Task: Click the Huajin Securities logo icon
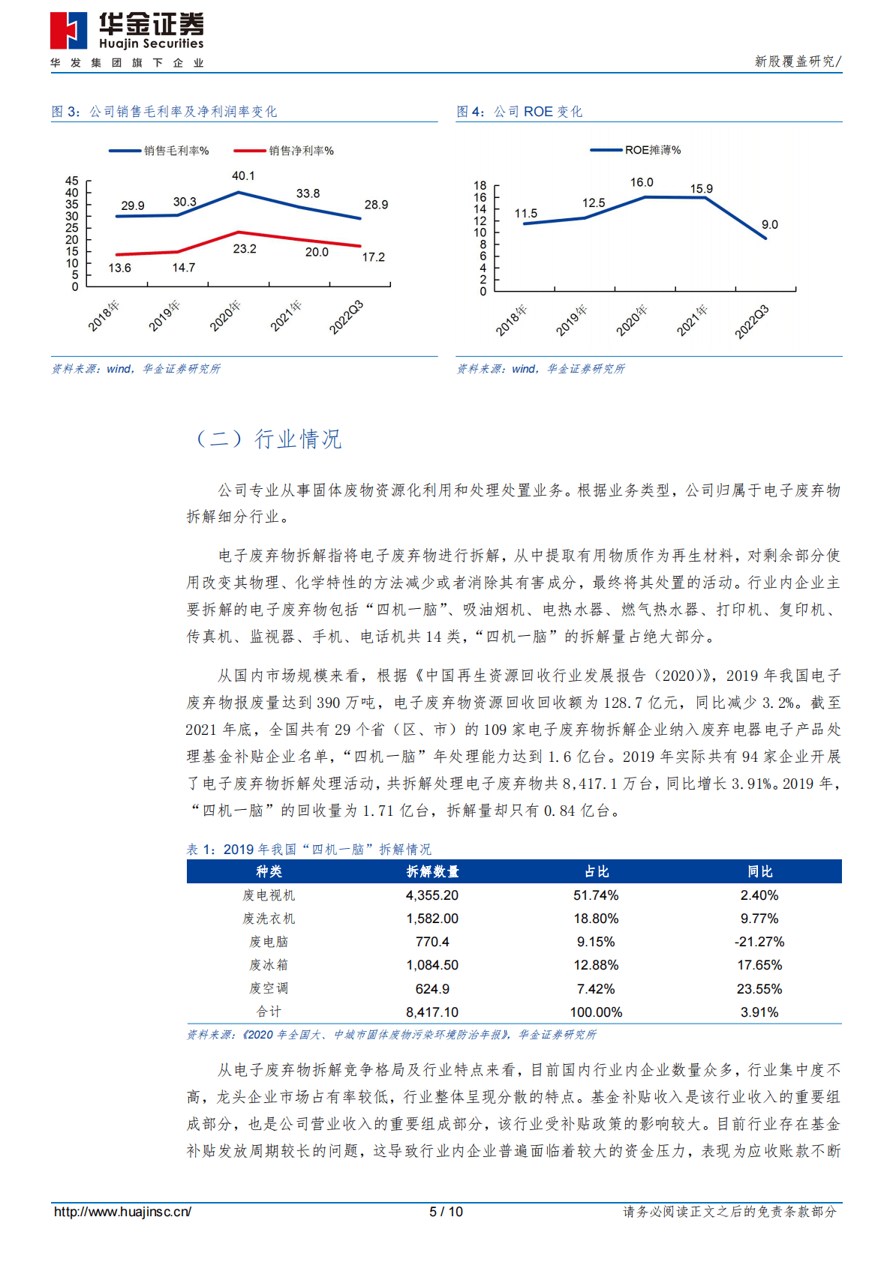[68, 31]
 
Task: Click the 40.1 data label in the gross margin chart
[243, 176]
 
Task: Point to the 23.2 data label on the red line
[245, 249]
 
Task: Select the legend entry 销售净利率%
[301, 151]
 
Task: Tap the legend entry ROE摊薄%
[653, 150]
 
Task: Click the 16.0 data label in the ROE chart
[642, 182]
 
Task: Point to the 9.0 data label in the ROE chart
[769, 225]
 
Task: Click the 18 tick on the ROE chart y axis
[480, 185]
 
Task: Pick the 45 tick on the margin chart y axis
[72, 181]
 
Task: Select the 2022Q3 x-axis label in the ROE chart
[751, 321]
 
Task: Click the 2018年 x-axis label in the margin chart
[104, 316]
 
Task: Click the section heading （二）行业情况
[268, 439]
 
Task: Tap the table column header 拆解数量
[432, 871]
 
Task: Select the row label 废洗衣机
[269, 919]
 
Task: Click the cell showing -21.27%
[759, 942]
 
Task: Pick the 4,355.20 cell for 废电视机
[432, 895]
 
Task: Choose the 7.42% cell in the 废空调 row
[596, 989]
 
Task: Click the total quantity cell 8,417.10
[432, 1012]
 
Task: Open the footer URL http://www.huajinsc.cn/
[122, 1212]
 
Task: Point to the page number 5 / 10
[446, 1212]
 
